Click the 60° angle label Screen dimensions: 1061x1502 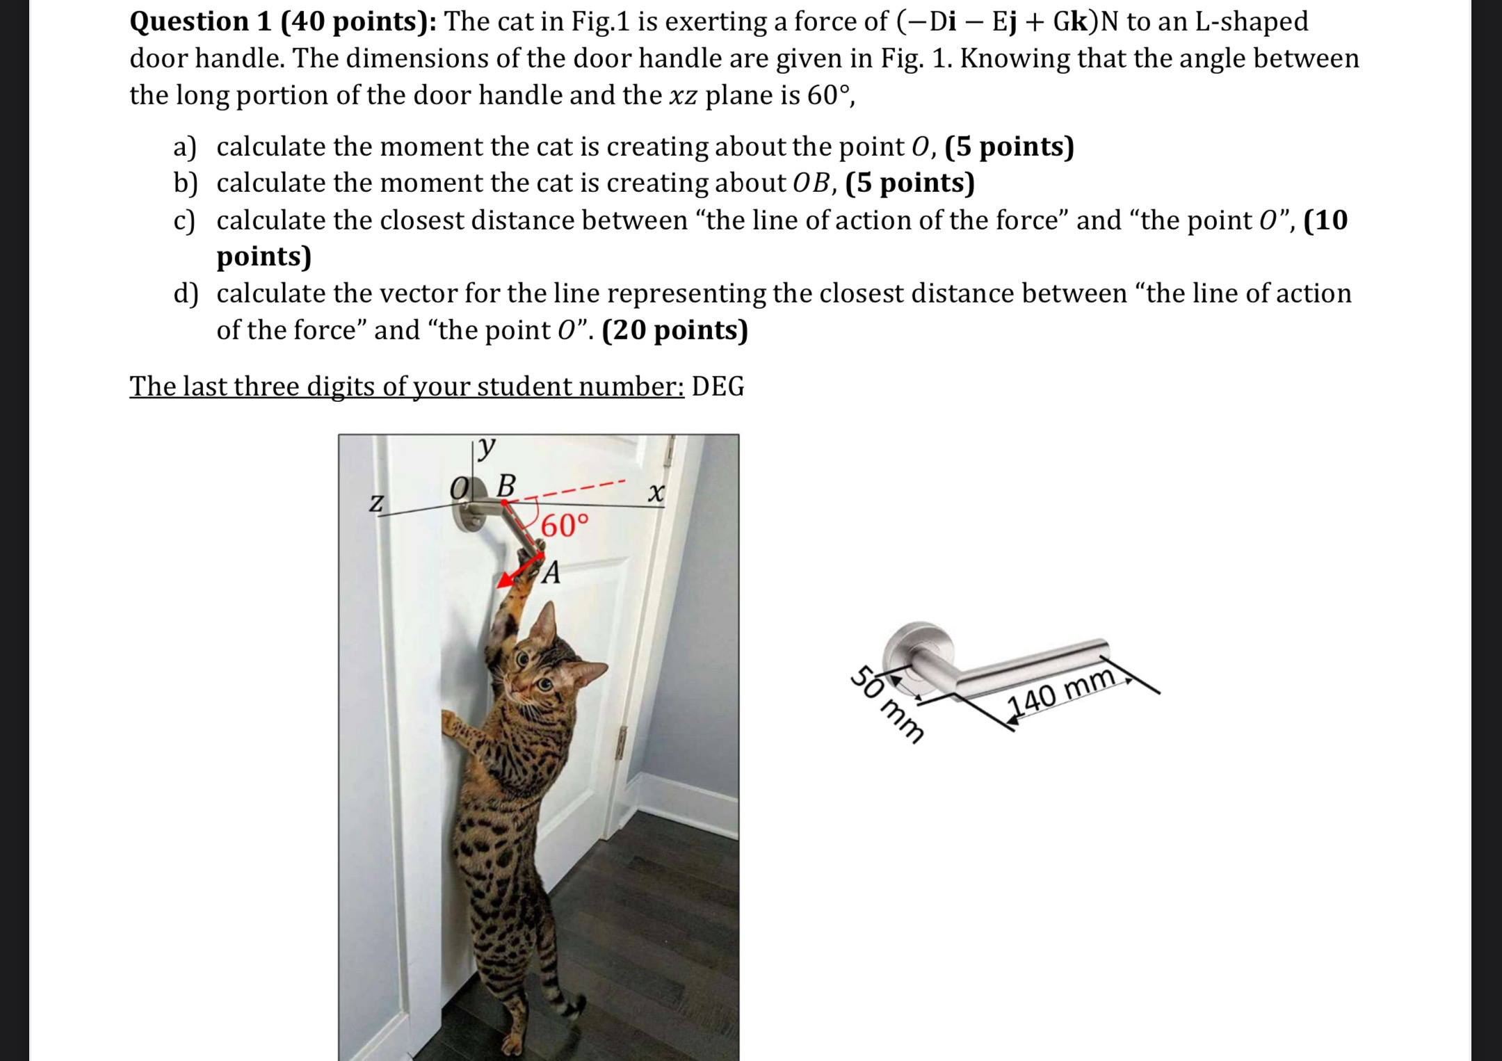565,526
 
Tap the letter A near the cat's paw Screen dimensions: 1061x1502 551,573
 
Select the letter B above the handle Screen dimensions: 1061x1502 506,485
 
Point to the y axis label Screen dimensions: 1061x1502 487,446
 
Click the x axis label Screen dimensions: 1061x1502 656,494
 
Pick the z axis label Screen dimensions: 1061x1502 375,502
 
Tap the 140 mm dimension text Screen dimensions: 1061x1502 1062,693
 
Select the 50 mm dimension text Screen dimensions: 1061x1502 888,704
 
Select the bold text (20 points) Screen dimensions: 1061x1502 675,330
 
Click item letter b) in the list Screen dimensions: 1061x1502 186,184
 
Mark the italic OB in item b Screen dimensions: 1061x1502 811,184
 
